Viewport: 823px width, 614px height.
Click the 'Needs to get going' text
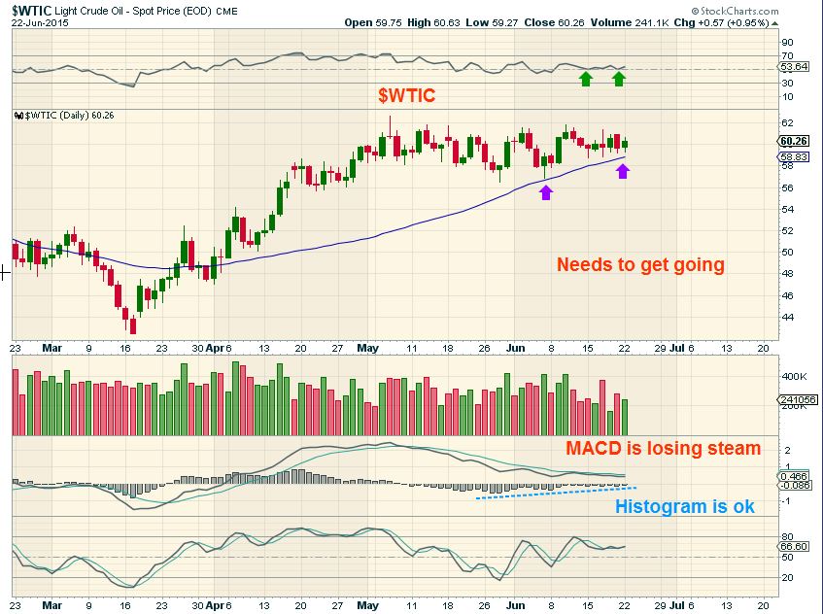point(639,264)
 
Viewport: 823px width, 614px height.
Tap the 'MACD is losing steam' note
point(663,449)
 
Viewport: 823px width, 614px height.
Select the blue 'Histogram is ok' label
point(685,506)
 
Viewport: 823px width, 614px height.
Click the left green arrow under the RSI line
point(586,78)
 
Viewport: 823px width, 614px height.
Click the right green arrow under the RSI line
point(619,78)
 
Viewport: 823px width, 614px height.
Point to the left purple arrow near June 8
point(546,191)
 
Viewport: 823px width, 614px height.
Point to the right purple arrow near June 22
point(623,172)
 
